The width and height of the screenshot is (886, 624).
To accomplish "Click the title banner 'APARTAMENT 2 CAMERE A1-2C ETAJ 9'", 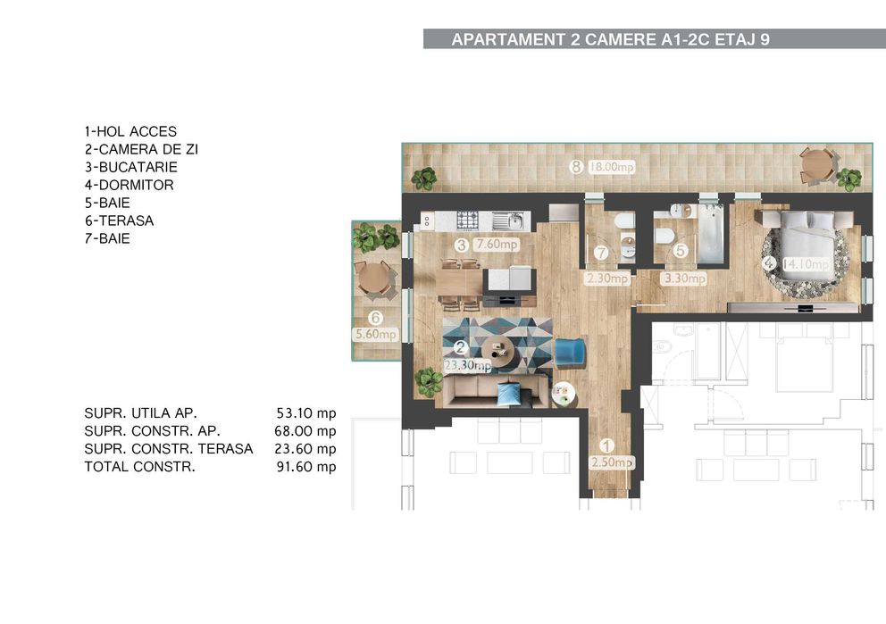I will click(610, 39).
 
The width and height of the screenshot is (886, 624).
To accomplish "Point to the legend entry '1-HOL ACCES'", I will click(130, 131).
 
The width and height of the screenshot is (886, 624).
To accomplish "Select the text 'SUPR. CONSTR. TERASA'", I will click(168, 449).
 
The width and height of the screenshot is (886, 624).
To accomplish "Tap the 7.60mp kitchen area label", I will click(497, 245).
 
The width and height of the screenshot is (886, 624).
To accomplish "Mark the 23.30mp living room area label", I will click(468, 365).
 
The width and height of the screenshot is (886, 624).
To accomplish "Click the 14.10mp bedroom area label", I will click(807, 264).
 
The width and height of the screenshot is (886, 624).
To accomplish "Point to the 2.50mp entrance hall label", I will click(612, 462).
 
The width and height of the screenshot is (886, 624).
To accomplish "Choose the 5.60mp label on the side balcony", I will click(375, 335).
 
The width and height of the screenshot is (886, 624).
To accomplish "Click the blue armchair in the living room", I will click(568, 352).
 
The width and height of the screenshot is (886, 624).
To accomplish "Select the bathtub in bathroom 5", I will click(711, 237).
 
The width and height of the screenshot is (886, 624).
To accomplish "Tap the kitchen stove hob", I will click(468, 220).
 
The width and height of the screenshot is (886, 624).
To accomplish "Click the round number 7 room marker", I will click(601, 253).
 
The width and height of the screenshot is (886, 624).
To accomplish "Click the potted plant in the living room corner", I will click(429, 382).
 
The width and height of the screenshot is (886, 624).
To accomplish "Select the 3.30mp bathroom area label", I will click(684, 279).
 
